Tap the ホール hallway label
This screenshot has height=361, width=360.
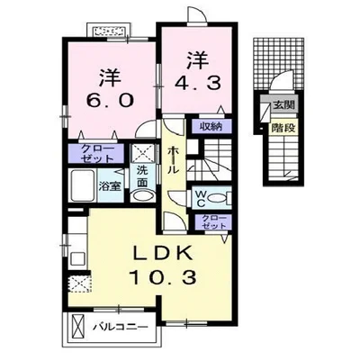(x=171, y=163)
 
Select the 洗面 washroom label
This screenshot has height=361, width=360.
(x=143, y=179)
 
